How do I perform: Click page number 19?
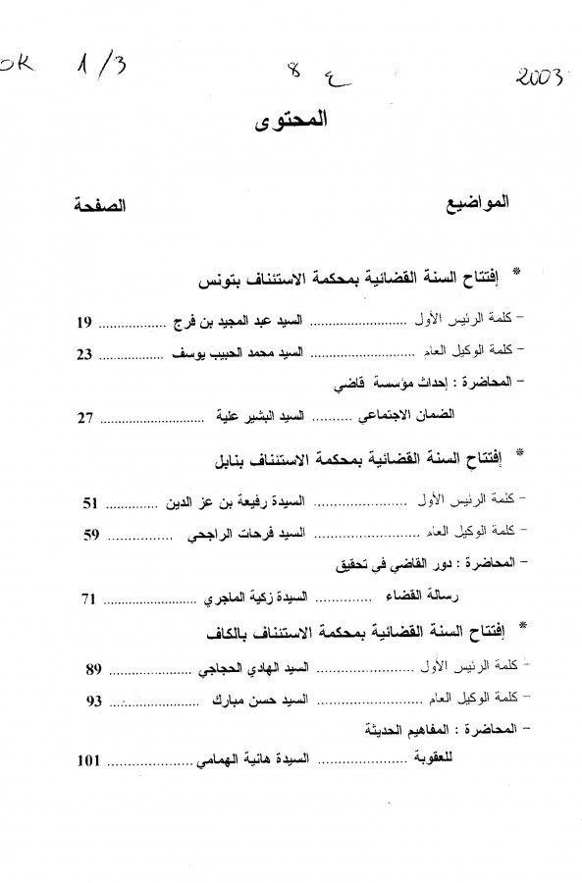click(x=86, y=321)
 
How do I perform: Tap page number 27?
click(x=86, y=418)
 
